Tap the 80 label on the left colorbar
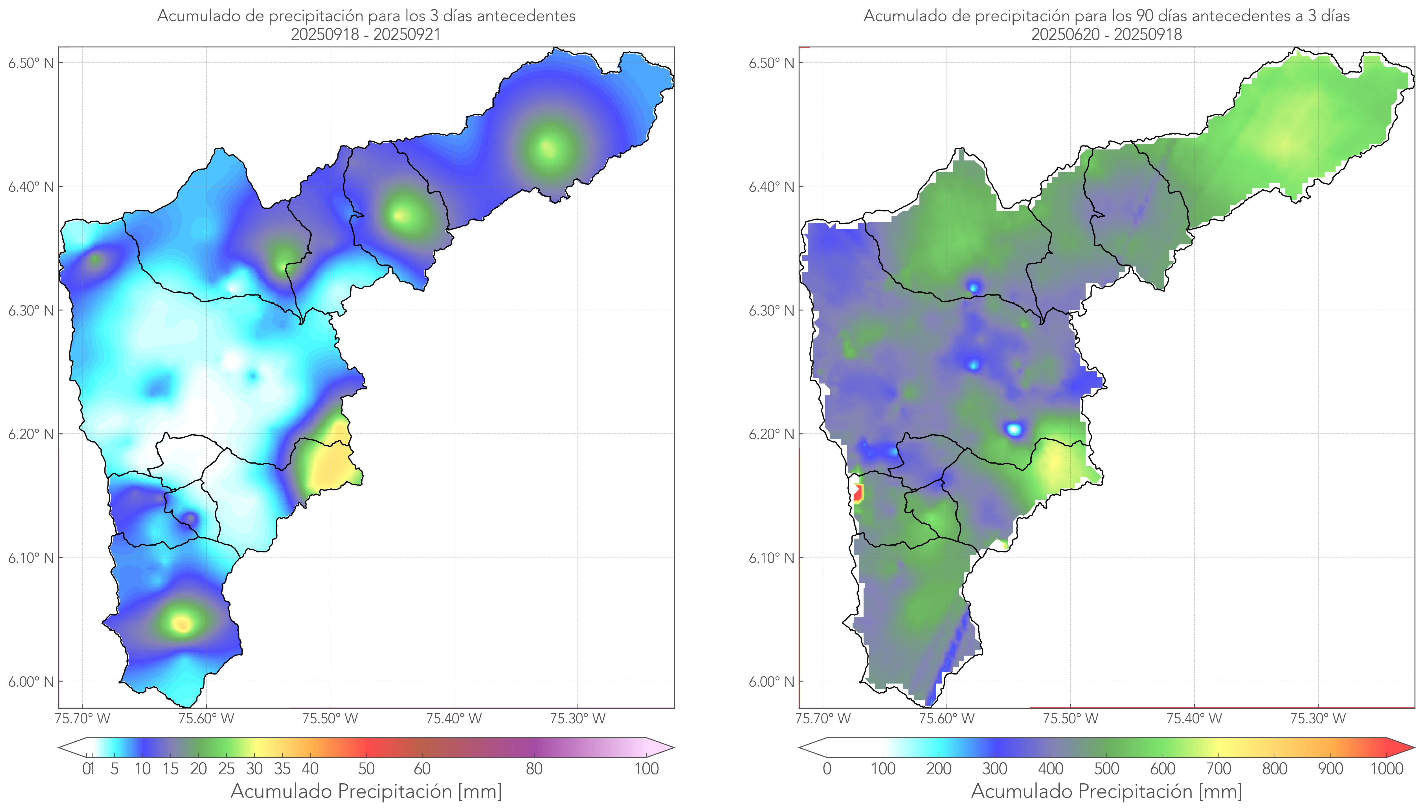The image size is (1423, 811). [x=534, y=769]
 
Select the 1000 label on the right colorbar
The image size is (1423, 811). [x=1386, y=769]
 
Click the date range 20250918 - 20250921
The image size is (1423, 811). [x=366, y=34]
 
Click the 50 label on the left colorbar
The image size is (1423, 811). [x=366, y=769]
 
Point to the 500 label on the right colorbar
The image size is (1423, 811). [x=1106, y=769]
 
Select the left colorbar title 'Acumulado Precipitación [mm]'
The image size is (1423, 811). [x=366, y=791]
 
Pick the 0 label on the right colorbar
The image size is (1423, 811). [x=827, y=769]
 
